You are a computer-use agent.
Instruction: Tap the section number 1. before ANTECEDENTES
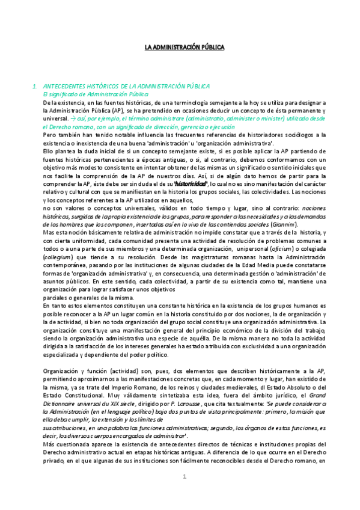35,87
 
